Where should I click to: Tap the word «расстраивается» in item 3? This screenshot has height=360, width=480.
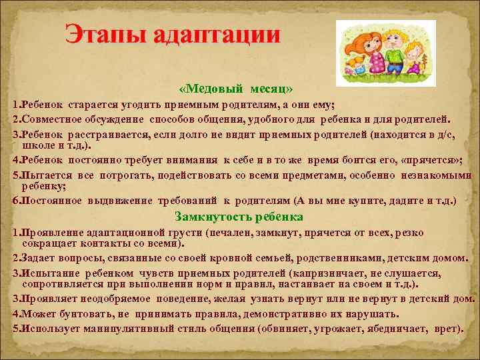point(109,134)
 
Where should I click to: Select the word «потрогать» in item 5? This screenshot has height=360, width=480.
point(127,175)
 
